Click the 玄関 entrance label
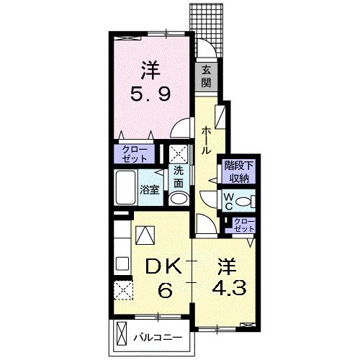point(206,76)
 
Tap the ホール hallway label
point(206,141)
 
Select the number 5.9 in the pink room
point(150,94)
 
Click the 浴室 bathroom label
point(150,190)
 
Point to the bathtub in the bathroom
point(125,187)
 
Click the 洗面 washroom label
point(179,177)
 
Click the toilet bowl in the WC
point(243,201)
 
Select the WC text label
point(228,202)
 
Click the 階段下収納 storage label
point(239,172)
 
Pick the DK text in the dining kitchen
point(163,267)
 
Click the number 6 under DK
point(165,290)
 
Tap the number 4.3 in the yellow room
point(229,289)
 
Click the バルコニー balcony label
point(158,338)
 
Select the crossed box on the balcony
point(122,334)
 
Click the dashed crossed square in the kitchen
point(123,290)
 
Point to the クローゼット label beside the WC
point(244,225)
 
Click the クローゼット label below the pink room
point(134,154)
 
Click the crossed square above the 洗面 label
point(178,154)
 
